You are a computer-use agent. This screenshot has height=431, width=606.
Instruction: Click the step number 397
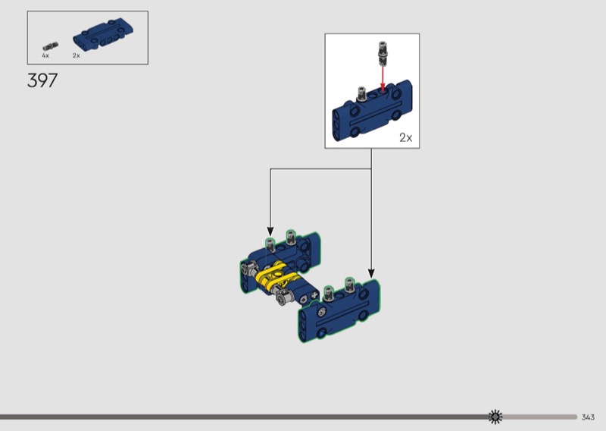pyautogui.click(x=42, y=80)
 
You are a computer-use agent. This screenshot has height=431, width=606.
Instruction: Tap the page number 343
pyautogui.click(x=588, y=417)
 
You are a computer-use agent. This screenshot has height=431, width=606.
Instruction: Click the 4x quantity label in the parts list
pyautogui.click(x=45, y=55)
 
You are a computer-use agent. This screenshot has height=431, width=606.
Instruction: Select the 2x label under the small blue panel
pyautogui.click(x=77, y=55)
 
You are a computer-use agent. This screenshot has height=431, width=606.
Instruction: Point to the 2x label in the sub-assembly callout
pyautogui.click(x=406, y=137)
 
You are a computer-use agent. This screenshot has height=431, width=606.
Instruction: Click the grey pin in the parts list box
pyautogui.click(x=50, y=46)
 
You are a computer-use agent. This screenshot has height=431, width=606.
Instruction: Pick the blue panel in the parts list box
pyautogui.click(x=104, y=33)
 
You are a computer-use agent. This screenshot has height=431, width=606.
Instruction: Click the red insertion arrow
pyautogui.click(x=383, y=80)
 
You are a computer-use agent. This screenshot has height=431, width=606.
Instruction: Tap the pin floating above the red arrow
pyautogui.click(x=383, y=53)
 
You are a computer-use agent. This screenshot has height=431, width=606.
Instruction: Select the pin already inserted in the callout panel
pyautogui.click(x=362, y=94)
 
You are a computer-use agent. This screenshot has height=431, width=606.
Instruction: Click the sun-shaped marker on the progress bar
pyautogui.click(x=495, y=417)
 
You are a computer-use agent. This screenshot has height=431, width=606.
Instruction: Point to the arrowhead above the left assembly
pyautogui.click(x=270, y=231)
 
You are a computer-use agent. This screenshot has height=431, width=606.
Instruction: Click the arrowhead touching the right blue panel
pyautogui.click(x=371, y=273)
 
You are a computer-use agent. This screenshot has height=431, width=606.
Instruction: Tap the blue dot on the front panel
pyautogui.click(x=320, y=334)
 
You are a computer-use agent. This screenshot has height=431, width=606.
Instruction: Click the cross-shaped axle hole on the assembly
pyautogui.click(x=314, y=296)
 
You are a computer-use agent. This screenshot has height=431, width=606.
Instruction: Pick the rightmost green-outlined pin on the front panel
pyautogui.click(x=349, y=285)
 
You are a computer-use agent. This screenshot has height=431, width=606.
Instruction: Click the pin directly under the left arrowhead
pyautogui.click(x=270, y=245)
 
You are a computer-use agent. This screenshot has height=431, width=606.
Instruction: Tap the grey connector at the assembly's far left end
pyautogui.click(x=250, y=268)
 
